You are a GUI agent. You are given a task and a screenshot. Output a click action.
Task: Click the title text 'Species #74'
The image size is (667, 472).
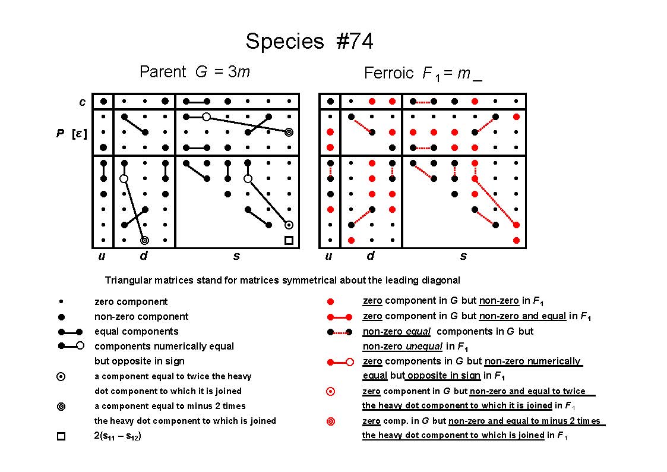(x=309, y=42)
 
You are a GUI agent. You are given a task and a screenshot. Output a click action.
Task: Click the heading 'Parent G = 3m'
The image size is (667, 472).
(x=194, y=71)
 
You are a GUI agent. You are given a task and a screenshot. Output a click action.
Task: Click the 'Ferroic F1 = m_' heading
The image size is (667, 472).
(x=423, y=73)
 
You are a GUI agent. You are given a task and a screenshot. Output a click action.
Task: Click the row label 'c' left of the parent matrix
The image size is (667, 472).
(x=82, y=102)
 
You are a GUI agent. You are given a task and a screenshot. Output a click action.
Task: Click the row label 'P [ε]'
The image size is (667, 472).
(x=71, y=133)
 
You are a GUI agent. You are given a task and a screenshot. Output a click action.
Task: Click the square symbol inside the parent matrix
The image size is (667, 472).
(x=289, y=241)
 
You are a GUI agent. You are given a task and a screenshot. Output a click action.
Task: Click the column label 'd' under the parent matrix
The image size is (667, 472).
(x=144, y=256)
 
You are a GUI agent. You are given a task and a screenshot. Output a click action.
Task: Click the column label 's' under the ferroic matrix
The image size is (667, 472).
(x=463, y=256)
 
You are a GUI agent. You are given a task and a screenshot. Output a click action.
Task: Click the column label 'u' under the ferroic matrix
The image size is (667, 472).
(x=328, y=256)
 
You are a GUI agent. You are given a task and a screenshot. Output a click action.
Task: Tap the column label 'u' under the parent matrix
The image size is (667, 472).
(x=102, y=256)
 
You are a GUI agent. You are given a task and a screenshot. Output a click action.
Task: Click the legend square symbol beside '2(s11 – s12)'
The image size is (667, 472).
(x=61, y=436)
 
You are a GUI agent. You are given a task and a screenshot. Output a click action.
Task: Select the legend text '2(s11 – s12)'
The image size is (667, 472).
(x=118, y=436)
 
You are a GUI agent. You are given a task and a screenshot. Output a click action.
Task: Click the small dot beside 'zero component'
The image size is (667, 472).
(x=61, y=302)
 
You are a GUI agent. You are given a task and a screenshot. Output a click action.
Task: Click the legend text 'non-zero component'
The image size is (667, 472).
(x=141, y=317)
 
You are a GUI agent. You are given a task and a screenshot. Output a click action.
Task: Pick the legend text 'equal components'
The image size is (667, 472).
(x=137, y=332)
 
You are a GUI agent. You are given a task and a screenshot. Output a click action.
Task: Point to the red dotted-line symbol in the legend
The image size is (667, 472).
(x=340, y=332)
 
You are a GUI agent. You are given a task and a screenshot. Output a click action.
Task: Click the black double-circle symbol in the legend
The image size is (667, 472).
(x=61, y=407)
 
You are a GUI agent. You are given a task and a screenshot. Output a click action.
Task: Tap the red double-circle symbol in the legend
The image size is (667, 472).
(x=330, y=421)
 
